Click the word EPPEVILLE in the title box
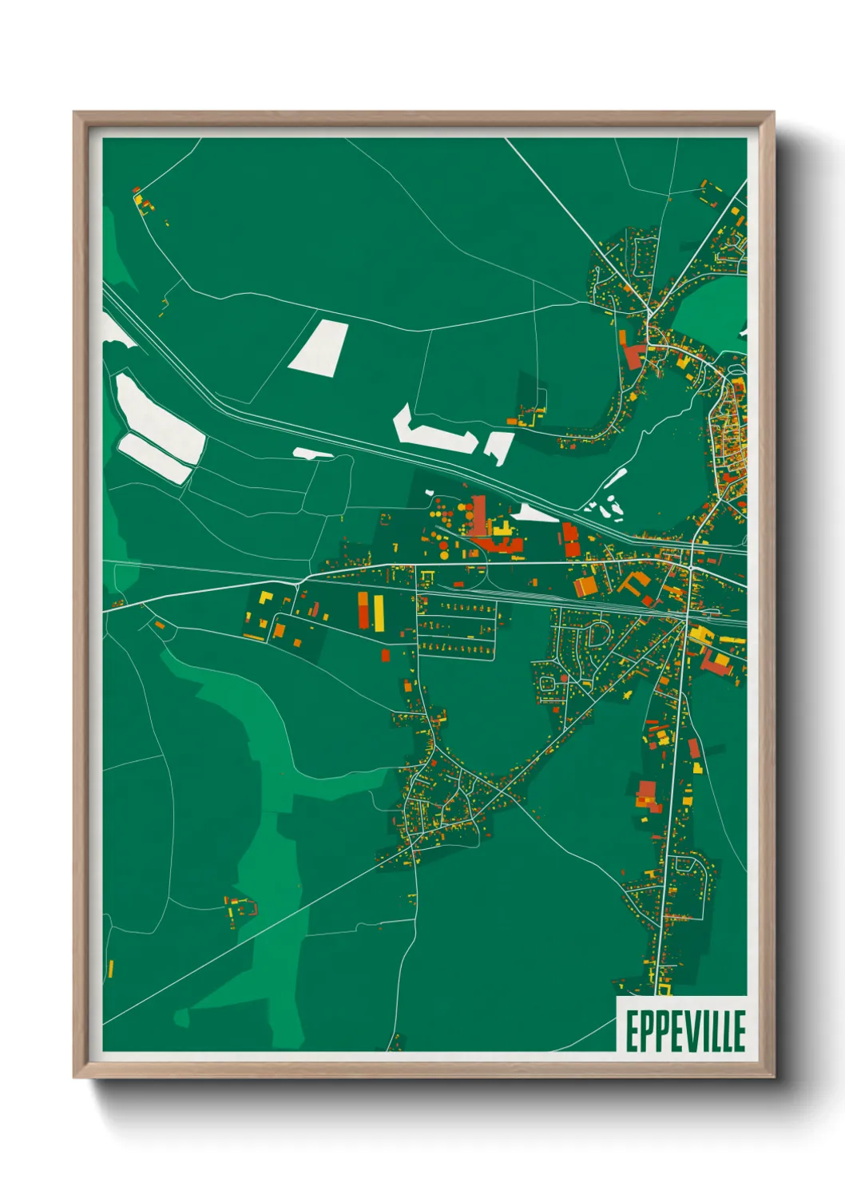[684, 1031]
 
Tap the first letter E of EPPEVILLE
[630, 1031]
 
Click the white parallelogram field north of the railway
[319, 347]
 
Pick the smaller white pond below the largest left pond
[156, 458]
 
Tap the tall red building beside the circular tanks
[478, 514]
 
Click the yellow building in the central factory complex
[502, 529]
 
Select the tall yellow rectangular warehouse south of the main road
[379, 610]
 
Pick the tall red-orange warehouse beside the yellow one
[363, 611]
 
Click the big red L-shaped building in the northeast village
[633, 353]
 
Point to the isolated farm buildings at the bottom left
[241, 908]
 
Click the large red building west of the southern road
[645, 795]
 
